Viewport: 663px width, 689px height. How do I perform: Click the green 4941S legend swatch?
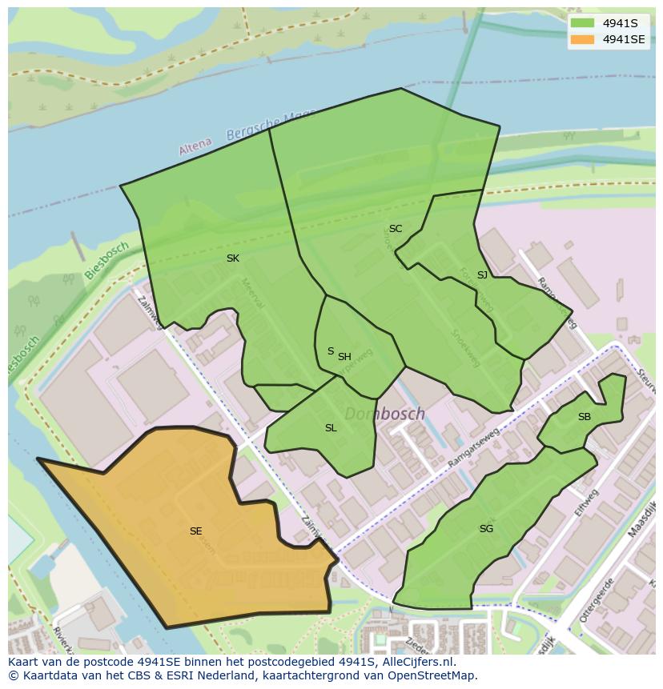[x=582, y=23]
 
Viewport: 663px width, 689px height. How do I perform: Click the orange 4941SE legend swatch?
[x=582, y=39]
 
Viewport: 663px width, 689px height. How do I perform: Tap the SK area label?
[x=233, y=258]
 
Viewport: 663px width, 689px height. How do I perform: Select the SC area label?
[x=396, y=229]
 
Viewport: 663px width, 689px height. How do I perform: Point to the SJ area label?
[x=482, y=275]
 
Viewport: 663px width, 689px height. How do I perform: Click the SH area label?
[x=344, y=357]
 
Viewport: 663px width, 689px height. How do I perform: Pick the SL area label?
[x=331, y=428]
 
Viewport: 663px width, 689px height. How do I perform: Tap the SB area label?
[x=585, y=417]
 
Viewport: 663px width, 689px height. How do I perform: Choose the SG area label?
[x=486, y=529]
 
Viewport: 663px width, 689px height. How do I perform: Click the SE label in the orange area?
[x=196, y=531]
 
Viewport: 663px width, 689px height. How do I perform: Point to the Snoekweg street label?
[x=465, y=349]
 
